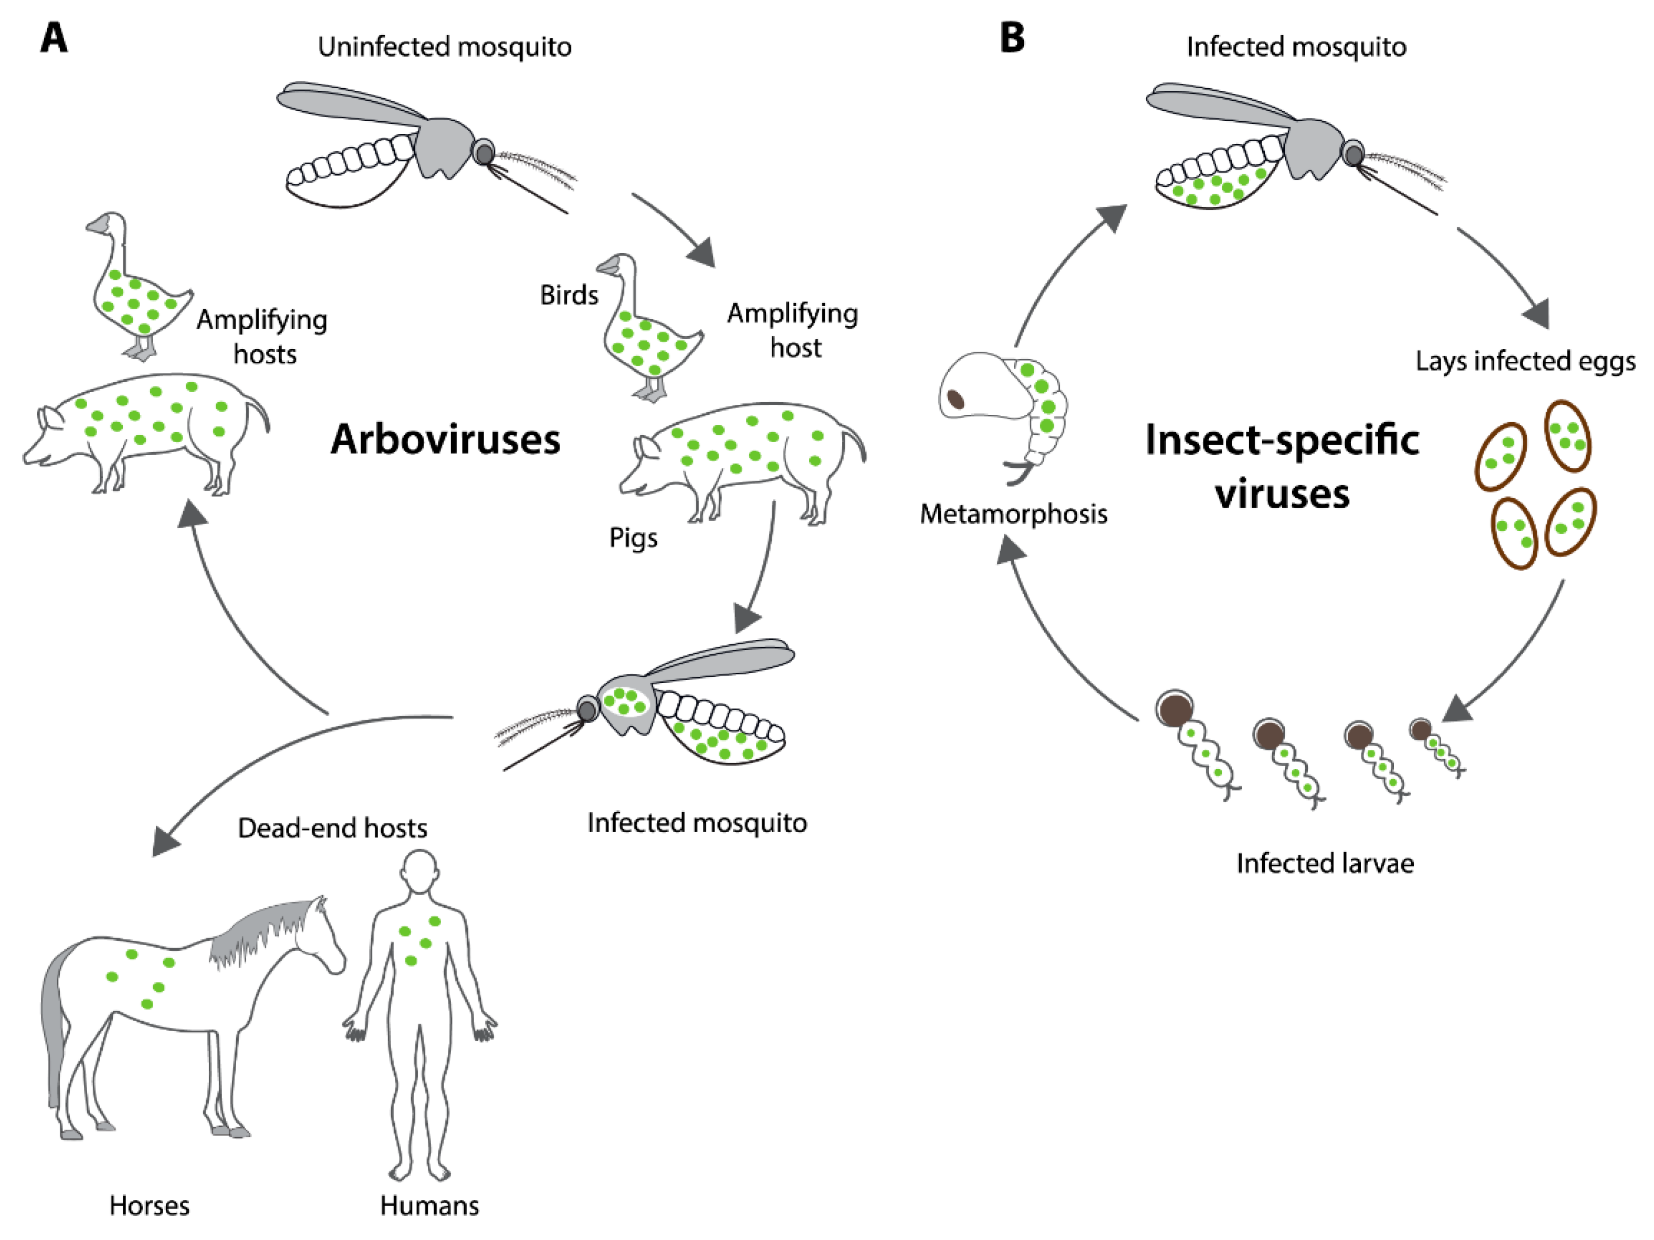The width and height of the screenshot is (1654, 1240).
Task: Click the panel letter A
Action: click(53, 38)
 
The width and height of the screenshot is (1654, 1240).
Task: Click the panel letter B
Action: click(1012, 37)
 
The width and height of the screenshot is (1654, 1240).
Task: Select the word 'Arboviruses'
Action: click(446, 439)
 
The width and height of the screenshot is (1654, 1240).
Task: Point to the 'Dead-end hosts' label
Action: click(332, 828)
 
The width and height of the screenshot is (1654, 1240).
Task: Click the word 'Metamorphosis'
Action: click(1013, 514)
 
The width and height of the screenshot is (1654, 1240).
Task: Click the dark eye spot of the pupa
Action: click(955, 399)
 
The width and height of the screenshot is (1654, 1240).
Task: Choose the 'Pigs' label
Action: click(633, 538)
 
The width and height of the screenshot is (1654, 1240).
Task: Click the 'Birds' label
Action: click(569, 295)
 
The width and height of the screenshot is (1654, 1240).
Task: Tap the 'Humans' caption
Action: click(429, 1205)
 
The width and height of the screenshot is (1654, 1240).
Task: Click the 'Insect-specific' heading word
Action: click(1282, 439)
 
